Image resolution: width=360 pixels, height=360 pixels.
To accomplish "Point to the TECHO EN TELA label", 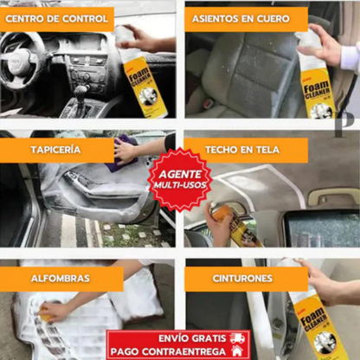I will click(x=242, y=149).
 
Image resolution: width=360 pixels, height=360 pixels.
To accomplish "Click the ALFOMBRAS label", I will click(x=60, y=279).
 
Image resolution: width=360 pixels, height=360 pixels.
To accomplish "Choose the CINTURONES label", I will click(x=241, y=279).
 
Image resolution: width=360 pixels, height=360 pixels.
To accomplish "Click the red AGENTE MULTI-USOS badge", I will click(x=179, y=178).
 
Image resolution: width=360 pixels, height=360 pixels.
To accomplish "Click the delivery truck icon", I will click(x=236, y=337).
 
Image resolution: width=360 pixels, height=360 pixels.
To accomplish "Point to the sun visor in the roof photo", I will click(x=333, y=196).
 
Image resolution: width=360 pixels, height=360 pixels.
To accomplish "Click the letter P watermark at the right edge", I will click(x=350, y=119).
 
